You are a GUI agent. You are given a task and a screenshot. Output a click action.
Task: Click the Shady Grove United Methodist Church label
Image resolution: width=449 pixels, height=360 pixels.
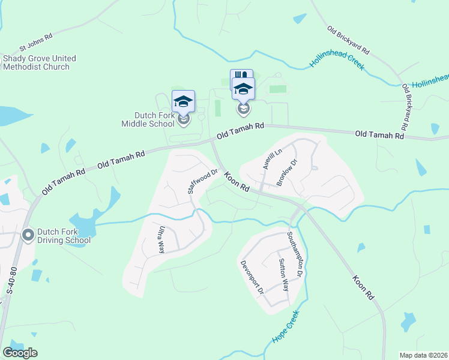point(40,62)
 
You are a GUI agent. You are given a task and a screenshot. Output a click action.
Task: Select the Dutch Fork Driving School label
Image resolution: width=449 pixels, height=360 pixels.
point(64,236)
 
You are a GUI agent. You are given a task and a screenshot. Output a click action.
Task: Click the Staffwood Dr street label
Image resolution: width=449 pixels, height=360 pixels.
point(201,181)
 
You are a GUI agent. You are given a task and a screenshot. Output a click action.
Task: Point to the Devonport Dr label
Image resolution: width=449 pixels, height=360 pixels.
point(253,277)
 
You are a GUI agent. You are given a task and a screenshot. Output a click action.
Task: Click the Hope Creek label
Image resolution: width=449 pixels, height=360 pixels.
point(286,328)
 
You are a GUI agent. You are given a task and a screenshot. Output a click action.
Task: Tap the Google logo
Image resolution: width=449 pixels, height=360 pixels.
point(20,353)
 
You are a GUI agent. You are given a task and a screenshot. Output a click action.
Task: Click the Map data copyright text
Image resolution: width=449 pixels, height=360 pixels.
point(423,355)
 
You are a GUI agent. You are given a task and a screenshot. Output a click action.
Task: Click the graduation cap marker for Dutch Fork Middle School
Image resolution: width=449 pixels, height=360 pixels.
point(184,101)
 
